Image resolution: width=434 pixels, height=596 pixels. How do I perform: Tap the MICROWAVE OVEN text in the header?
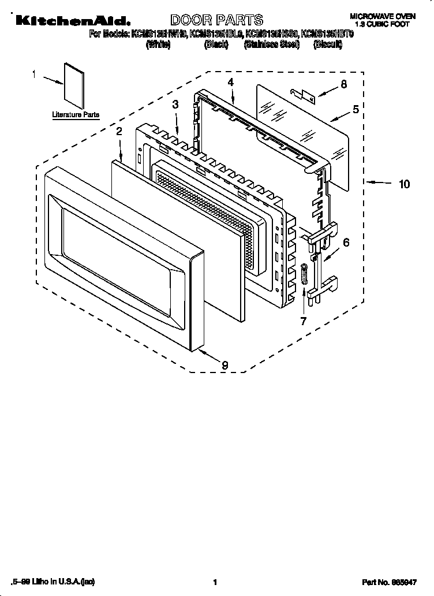[x=381, y=17]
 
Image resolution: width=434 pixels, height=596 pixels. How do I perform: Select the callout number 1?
[x=34, y=74]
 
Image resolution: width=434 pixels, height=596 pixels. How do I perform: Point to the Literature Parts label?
[x=76, y=115]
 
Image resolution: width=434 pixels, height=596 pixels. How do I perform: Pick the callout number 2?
[x=119, y=131]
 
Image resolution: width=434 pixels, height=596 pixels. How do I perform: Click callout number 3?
[x=175, y=104]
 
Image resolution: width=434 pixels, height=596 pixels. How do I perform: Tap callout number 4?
[x=230, y=83]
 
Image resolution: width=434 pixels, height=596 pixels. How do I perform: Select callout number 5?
[x=356, y=108]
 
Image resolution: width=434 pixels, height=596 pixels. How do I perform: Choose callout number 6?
[x=346, y=243]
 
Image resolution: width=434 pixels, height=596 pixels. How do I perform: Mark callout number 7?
[x=303, y=321]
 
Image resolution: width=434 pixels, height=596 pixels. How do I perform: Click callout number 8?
[x=343, y=84]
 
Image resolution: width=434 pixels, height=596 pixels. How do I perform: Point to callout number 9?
[x=225, y=364]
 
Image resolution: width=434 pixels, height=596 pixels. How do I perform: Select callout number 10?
[x=404, y=184]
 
